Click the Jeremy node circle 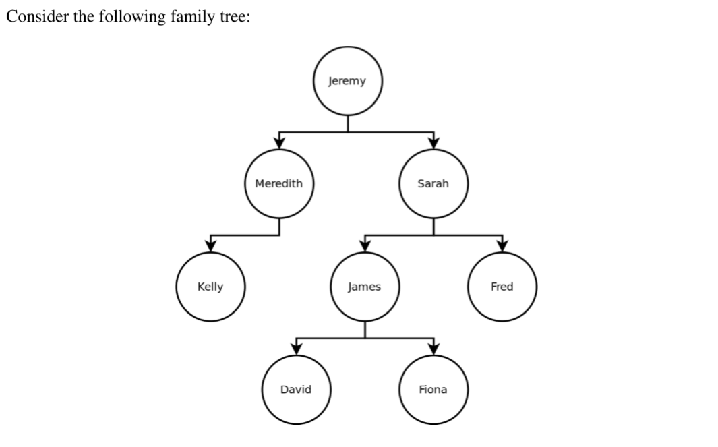coord(347,82)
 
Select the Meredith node coord(279,183)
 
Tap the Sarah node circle coord(433,183)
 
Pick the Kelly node coord(210,287)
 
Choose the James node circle coord(365,287)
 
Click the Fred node coord(502,287)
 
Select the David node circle coord(296,390)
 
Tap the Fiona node coord(433,390)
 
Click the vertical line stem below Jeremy coord(347,124)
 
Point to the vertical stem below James coord(365,329)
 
